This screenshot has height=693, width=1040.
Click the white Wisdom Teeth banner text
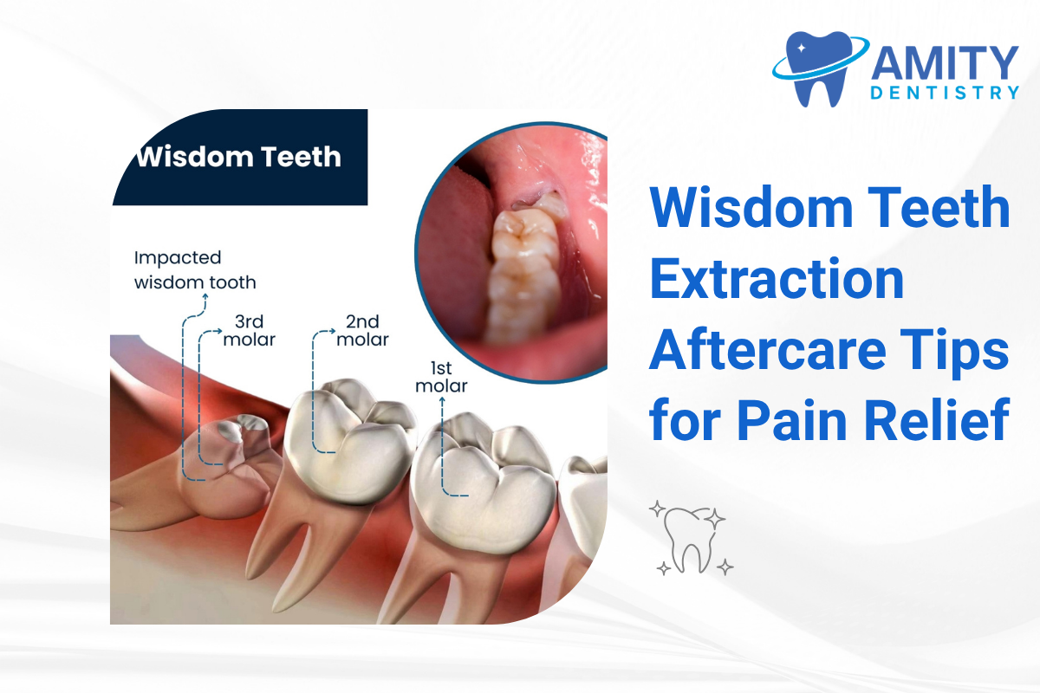tap(238, 158)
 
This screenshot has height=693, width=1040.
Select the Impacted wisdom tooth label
tap(196, 269)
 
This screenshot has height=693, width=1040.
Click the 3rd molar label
tap(249, 331)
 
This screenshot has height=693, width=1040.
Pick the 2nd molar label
tap(362, 331)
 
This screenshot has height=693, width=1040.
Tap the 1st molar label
tap(441, 377)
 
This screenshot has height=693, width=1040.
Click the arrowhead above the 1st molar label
tap(442, 401)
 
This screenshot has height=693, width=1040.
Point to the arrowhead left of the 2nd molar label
tap(334, 331)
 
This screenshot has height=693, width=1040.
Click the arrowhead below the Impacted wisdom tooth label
tap(205, 297)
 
